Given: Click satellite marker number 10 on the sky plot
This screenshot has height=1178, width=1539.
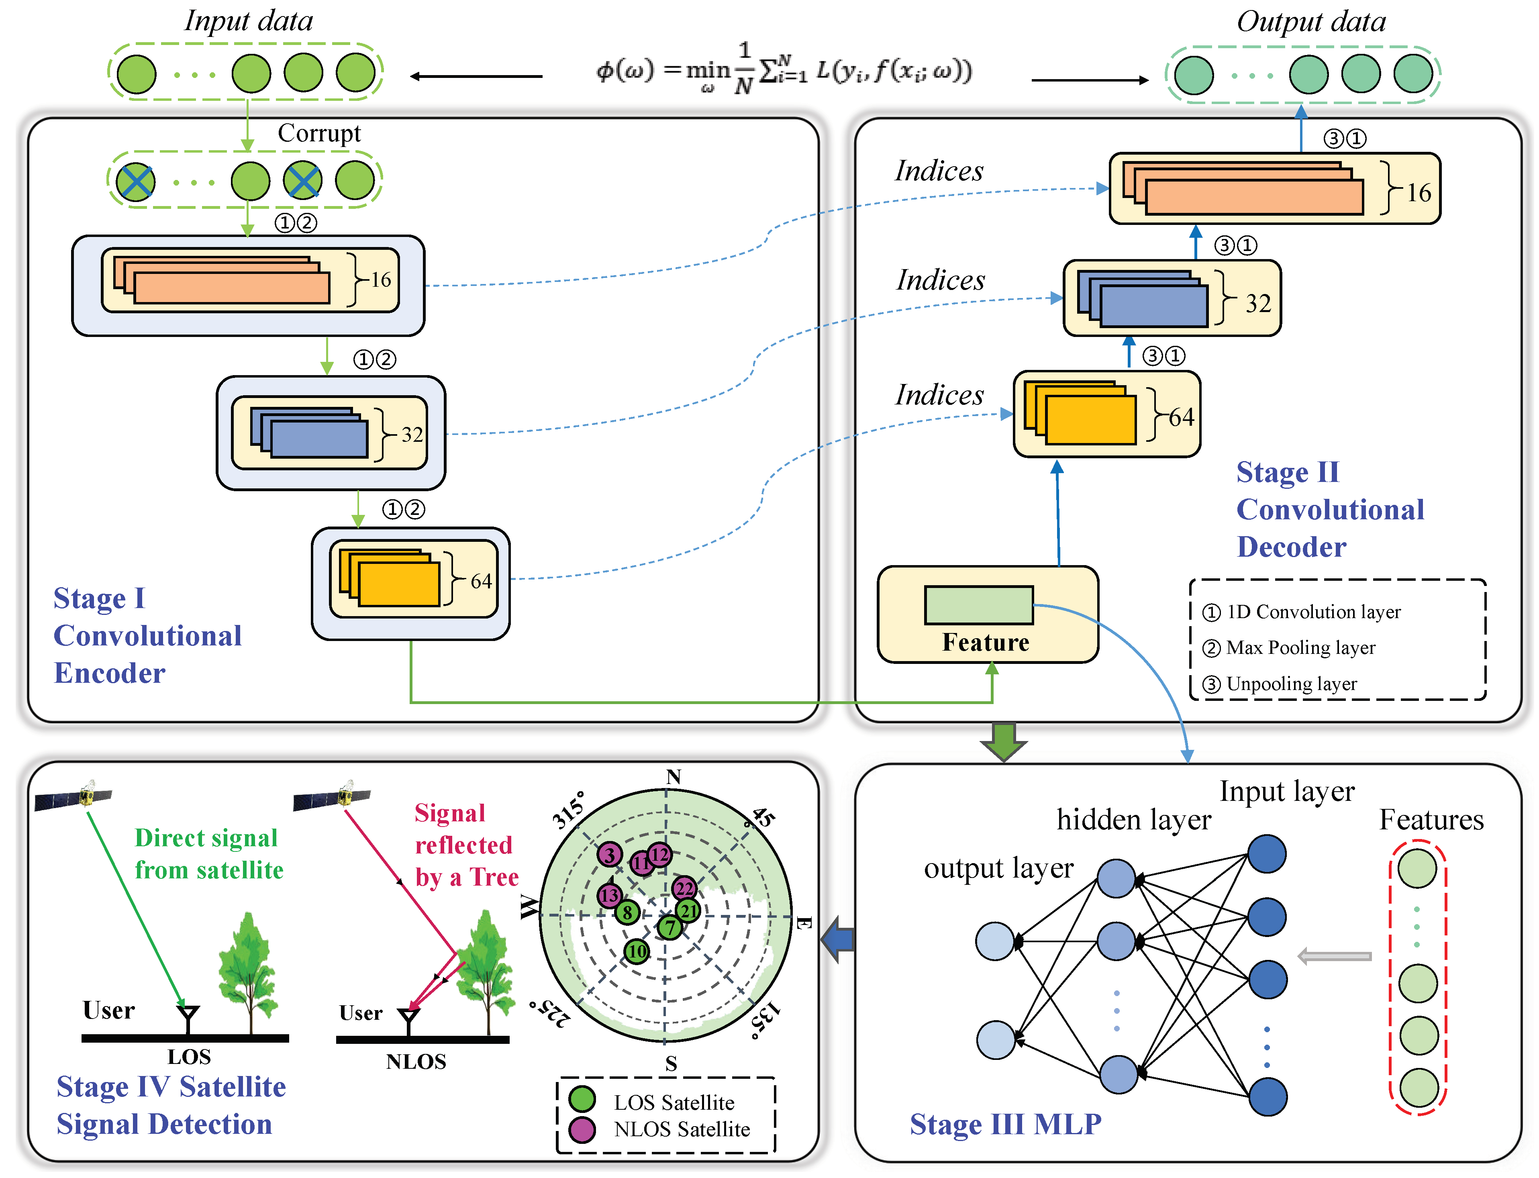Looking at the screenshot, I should (x=636, y=951).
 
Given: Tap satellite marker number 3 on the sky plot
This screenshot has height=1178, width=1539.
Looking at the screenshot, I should (x=609, y=854).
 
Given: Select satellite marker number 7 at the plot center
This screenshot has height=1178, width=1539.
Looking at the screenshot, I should (x=669, y=927).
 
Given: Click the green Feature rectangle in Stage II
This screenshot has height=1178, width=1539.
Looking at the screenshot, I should (x=978, y=604).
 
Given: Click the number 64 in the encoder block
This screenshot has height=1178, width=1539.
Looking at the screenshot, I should (x=481, y=581).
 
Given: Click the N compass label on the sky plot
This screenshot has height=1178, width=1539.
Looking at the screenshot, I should (x=673, y=776).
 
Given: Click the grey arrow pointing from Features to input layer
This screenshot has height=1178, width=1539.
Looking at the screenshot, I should (x=1334, y=956).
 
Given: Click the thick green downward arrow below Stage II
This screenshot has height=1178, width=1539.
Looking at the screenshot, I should (x=1003, y=741).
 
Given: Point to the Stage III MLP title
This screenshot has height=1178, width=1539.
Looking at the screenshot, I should (x=1005, y=1124).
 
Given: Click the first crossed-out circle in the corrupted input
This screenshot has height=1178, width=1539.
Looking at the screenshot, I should (x=135, y=182).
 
